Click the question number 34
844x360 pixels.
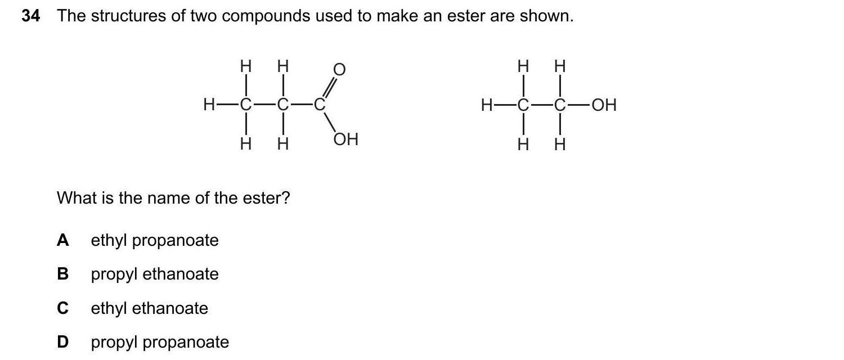31,16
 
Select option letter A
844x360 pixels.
63,241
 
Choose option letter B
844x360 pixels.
63,274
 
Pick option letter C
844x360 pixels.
63,308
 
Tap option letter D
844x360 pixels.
63,342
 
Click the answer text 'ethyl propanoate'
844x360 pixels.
155,241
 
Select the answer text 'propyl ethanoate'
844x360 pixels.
155,274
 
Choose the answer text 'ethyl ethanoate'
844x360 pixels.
150,308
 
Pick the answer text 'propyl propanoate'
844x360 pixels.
160,342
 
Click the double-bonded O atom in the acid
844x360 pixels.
339,69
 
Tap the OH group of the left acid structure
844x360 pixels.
345,139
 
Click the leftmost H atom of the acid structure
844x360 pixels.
209,105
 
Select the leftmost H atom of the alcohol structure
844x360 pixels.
487,105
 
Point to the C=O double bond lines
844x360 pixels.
329,88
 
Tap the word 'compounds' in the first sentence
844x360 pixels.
265,16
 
